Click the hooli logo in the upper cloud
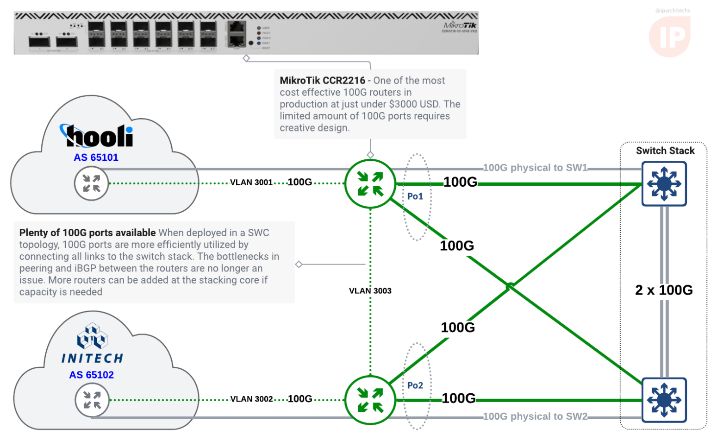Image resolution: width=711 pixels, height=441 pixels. [97, 136]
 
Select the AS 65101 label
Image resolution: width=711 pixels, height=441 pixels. [96, 157]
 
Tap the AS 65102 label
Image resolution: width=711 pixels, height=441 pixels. [91, 375]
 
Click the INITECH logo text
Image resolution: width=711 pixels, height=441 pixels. [92, 358]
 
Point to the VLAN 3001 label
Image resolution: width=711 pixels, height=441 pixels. [251, 183]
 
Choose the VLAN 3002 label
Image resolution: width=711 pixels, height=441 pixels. [251, 399]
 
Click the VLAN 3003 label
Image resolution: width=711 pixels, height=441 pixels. [370, 291]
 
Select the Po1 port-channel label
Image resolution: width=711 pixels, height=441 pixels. [415, 196]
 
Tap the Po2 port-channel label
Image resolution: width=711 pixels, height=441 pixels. [415, 385]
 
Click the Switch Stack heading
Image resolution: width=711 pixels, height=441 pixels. [665, 151]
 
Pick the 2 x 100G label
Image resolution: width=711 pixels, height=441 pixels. [664, 290]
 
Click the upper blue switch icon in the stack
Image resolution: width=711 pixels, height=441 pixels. [664, 184]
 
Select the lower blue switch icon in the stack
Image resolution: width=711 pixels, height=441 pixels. [664, 400]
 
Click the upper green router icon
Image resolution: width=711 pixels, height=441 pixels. [370, 184]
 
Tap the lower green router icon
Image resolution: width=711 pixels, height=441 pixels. [370, 400]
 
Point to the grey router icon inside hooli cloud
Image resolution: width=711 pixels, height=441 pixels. [91, 183]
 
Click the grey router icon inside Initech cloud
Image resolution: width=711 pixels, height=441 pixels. [92, 400]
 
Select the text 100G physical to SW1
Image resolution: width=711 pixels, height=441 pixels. [535, 168]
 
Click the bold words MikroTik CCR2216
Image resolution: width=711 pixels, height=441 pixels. [322, 81]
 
